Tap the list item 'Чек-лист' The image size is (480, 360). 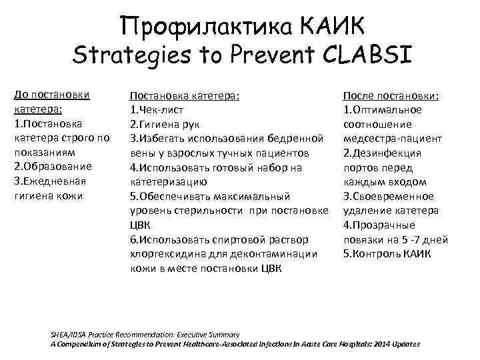160,110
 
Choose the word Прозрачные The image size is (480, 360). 383,225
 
